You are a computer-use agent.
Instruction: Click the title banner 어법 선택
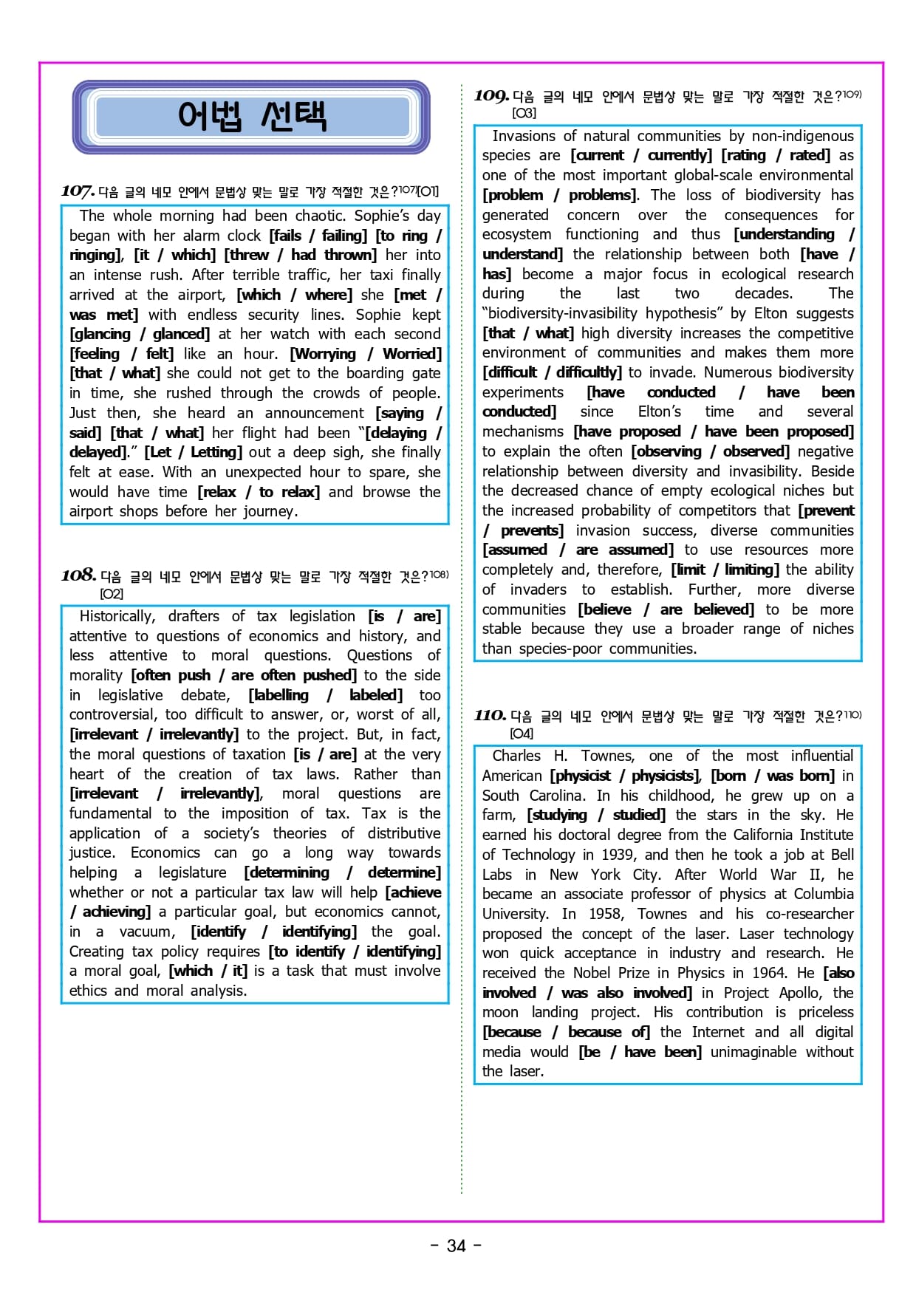pyautogui.click(x=251, y=117)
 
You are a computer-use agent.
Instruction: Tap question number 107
pyautogui.click(x=78, y=191)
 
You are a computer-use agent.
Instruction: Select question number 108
pyautogui.click(x=78, y=575)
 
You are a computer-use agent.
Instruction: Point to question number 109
pyautogui.click(x=491, y=96)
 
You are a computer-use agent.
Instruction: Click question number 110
pyautogui.click(x=490, y=715)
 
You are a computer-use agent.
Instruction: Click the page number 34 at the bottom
pyautogui.click(x=457, y=1246)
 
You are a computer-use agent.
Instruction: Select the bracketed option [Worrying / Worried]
pyautogui.click(x=366, y=354)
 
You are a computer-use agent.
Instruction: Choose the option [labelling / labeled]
pyautogui.click(x=325, y=695)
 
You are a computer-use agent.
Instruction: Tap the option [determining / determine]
pyautogui.click(x=342, y=872)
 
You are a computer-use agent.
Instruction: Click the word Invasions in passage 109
pyautogui.click(x=524, y=136)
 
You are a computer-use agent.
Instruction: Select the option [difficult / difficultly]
pyautogui.click(x=552, y=372)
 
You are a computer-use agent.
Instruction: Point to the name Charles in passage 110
pyautogui.click(x=516, y=756)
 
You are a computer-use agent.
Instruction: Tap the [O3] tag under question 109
pyautogui.click(x=524, y=113)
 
